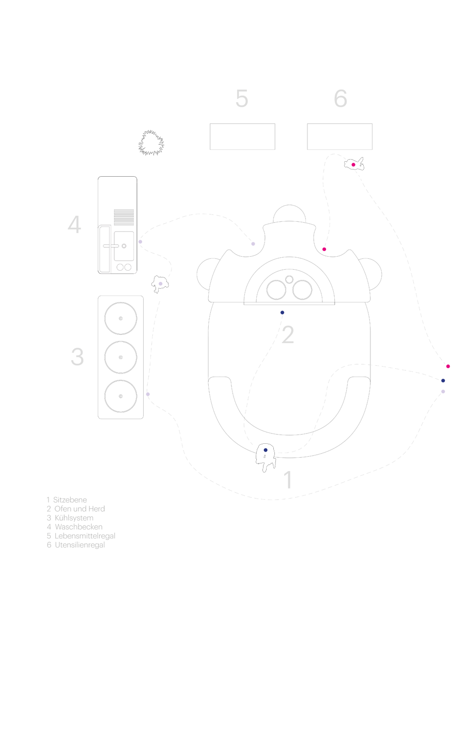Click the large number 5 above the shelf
242,98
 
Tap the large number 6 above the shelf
340,98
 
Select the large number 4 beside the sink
74,225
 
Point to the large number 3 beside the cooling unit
78,357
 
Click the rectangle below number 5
242,136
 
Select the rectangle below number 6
340,136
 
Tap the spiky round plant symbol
151,143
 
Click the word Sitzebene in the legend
70,500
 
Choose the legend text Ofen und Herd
80,509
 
